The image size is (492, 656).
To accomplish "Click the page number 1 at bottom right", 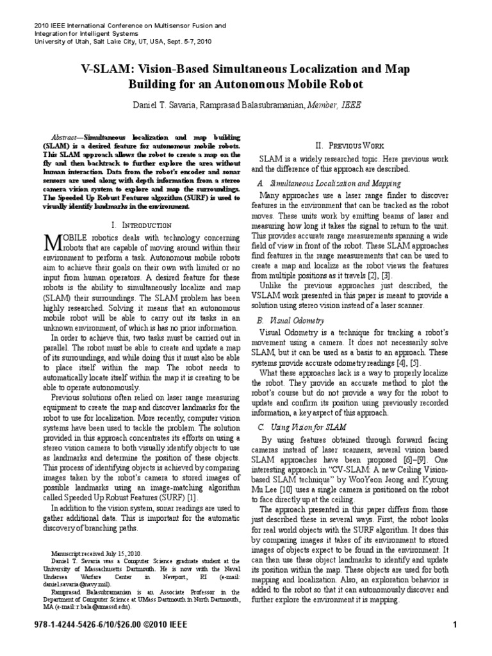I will pyautogui.click(x=454, y=625).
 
